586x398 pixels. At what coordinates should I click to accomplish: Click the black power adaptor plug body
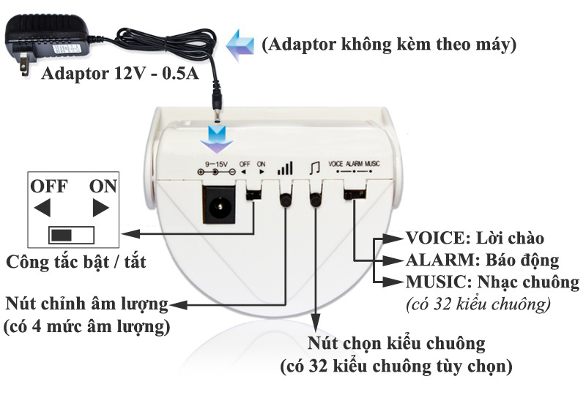(47, 37)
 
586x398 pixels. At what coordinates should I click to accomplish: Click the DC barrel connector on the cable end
(217, 102)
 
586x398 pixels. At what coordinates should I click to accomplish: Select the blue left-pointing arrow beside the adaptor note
(240, 45)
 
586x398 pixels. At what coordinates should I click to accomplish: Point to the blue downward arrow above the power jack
(217, 139)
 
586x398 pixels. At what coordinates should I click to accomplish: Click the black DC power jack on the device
(219, 204)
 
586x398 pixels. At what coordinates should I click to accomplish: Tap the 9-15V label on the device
(216, 164)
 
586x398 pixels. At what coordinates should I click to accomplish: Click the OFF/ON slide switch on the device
(253, 195)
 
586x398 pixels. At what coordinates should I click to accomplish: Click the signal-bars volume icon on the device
(286, 168)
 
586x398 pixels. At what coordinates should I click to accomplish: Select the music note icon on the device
(315, 168)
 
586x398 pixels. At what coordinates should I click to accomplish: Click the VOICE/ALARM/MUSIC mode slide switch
(355, 194)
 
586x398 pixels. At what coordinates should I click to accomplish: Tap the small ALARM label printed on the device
(355, 164)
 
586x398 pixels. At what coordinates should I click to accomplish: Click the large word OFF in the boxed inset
(49, 186)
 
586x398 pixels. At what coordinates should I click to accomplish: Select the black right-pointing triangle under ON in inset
(100, 208)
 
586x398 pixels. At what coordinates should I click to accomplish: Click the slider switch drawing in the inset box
(71, 236)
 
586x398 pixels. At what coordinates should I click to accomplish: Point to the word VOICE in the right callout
(435, 238)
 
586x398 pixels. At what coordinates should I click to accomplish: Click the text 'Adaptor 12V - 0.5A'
(120, 73)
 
